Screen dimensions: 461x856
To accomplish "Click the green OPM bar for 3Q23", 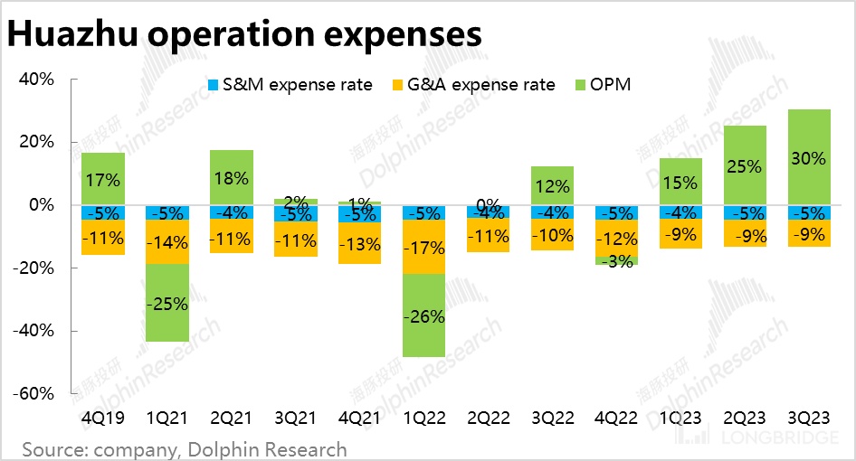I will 810,157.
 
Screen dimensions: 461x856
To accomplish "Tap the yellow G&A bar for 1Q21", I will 167,241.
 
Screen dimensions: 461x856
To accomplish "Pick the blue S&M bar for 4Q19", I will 103,212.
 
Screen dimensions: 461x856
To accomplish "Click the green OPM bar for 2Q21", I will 232,178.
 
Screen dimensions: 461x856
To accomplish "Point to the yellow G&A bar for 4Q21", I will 359,242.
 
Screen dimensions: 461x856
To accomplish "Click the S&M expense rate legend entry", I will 289,85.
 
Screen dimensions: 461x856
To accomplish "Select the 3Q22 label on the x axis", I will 552,419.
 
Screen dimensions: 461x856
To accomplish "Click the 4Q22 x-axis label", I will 616,419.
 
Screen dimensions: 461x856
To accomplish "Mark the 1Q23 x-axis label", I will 680,419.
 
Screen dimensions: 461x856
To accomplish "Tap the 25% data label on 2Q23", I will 745,166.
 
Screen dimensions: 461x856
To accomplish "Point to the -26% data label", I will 423,317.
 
